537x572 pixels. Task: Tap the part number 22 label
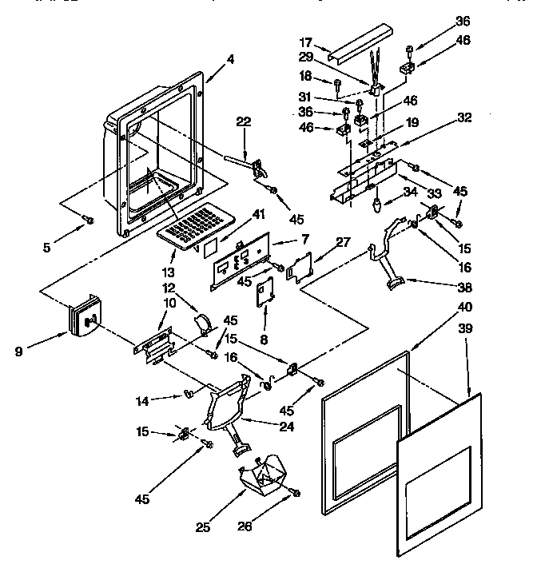[244, 121]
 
